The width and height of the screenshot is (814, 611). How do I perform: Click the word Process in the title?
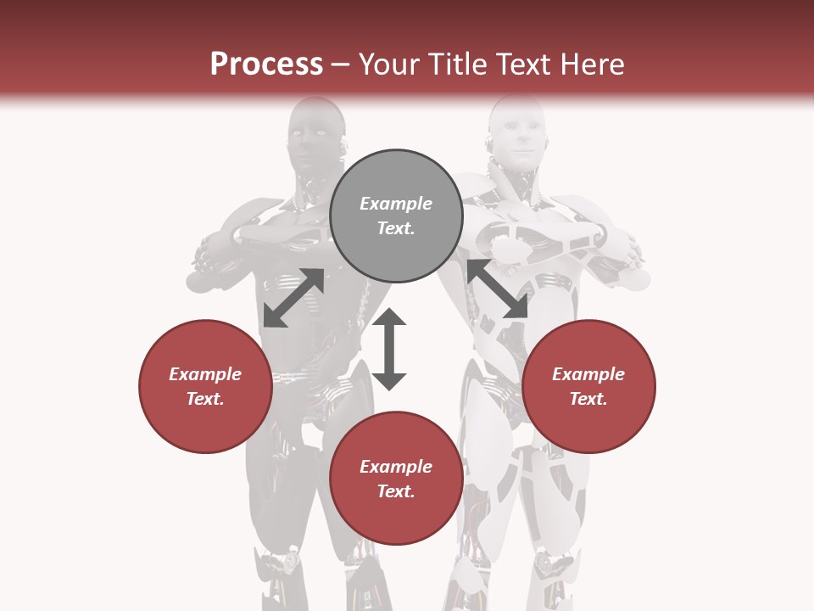pos(266,64)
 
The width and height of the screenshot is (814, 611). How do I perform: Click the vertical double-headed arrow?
pos(389,349)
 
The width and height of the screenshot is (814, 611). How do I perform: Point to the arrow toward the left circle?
pos(293,298)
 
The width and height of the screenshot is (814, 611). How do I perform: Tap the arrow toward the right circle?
pos(497,289)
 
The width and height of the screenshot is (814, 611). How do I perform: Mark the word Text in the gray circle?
pos(396,228)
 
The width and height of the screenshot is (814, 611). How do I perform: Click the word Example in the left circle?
pos(205,374)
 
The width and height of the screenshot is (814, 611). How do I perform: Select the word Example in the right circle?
pos(588,374)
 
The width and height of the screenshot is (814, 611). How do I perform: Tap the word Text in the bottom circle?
pos(396,491)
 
